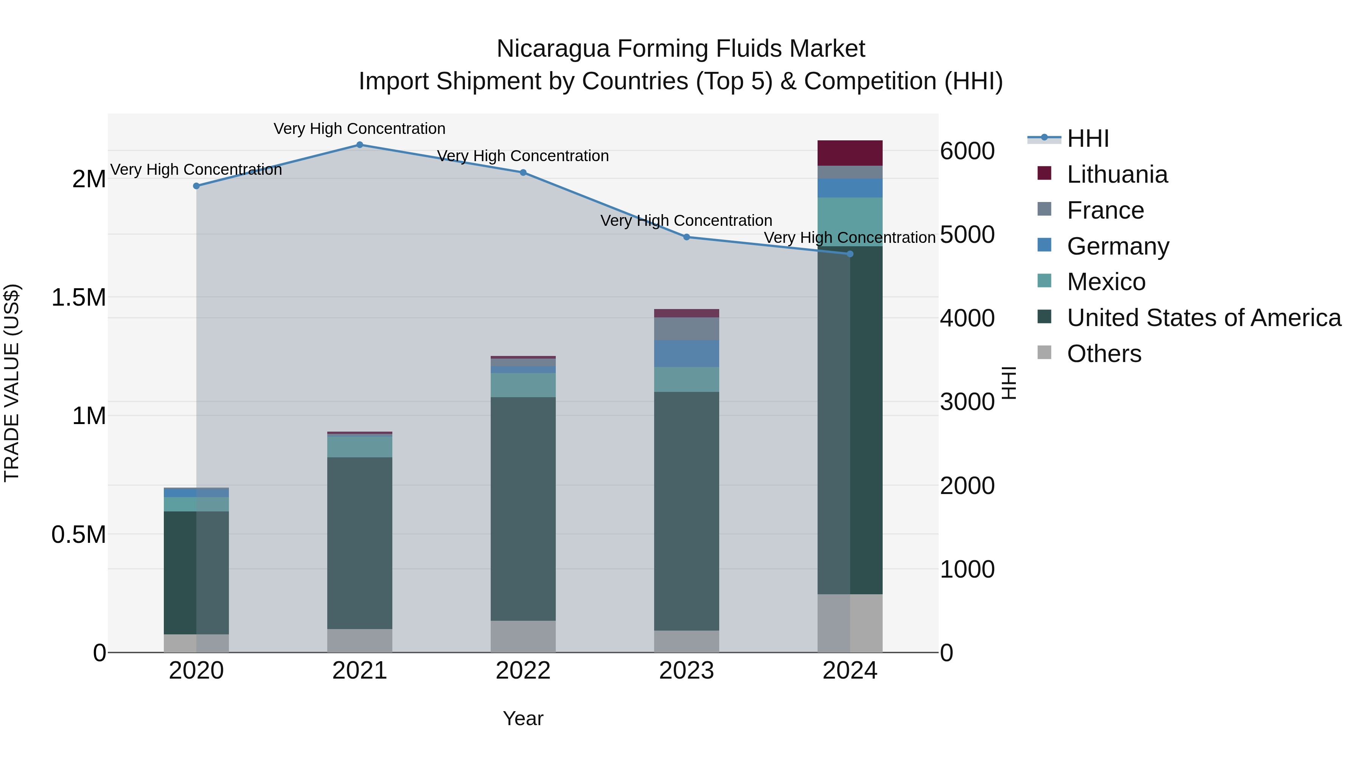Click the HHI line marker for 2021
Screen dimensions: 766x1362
tap(359, 144)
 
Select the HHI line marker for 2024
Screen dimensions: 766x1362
tap(850, 254)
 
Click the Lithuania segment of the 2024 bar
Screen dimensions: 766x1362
tap(850, 153)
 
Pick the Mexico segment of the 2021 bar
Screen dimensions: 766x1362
tap(359, 447)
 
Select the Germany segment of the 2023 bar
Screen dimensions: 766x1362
tap(686, 353)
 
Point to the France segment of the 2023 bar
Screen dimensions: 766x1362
tap(686, 328)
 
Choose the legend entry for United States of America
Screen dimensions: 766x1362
tap(1203, 318)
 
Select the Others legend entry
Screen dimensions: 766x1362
tap(1104, 354)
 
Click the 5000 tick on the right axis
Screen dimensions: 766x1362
tap(967, 235)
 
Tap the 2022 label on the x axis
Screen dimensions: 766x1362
tap(523, 671)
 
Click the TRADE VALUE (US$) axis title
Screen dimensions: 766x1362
tap(12, 383)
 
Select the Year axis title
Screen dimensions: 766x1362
tap(523, 718)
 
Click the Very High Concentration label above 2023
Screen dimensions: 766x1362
tap(686, 221)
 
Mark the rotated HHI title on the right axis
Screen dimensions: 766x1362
tap(1009, 383)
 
